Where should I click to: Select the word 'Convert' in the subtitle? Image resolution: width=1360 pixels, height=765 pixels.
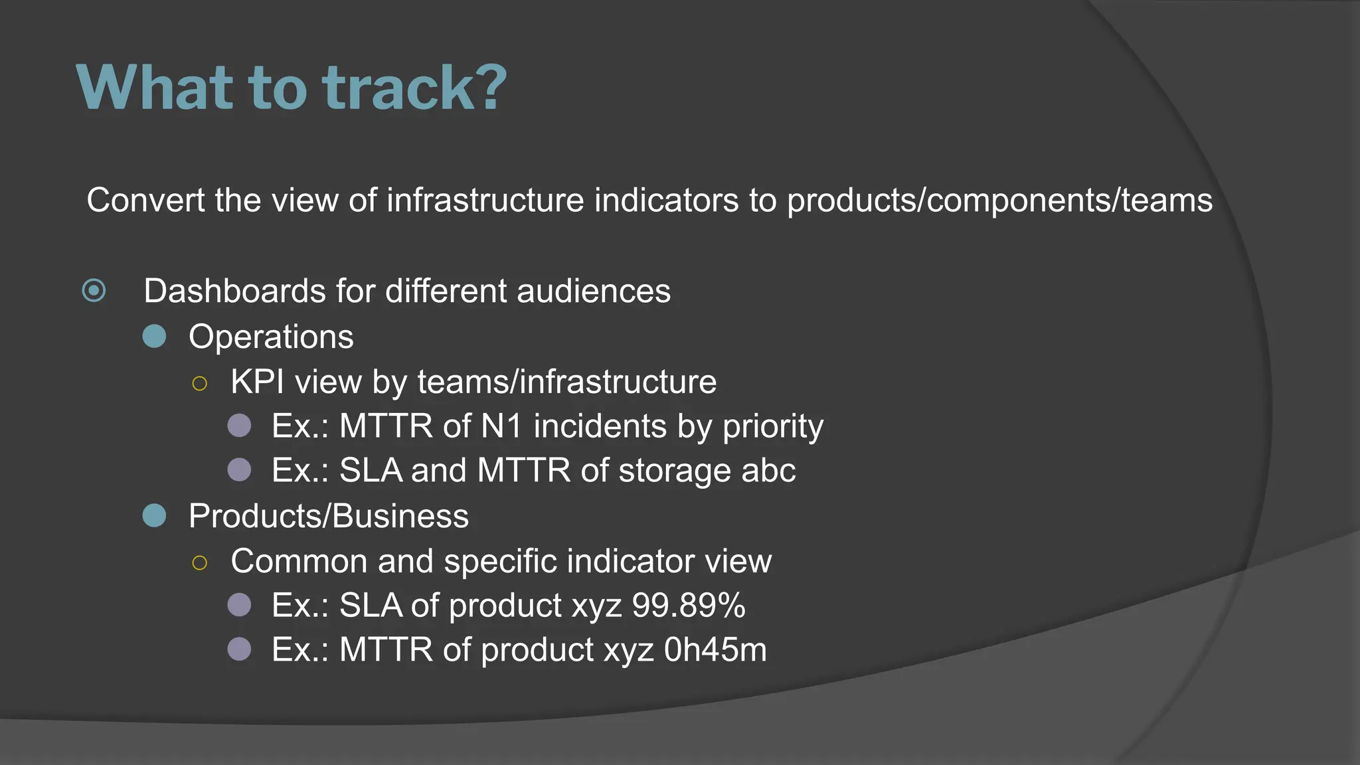(x=145, y=200)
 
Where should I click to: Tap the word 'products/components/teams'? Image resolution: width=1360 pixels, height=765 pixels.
(x=999, y=201)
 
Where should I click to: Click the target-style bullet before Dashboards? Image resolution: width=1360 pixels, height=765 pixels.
(x=94, y=291)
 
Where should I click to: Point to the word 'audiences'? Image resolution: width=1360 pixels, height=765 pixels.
(x=594, y=291)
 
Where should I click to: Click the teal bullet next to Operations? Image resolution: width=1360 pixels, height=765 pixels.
(x=154, y=336)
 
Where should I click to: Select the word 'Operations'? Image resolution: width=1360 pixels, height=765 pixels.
(x=271, y=337)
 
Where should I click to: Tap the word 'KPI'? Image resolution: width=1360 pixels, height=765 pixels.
(x=257, y=382)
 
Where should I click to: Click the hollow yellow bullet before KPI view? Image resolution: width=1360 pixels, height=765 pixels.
(x=199, y=383)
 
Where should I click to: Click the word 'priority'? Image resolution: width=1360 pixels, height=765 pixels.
(x=773, y=427)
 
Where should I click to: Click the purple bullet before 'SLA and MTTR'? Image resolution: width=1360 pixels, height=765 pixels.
(x=239, y=470)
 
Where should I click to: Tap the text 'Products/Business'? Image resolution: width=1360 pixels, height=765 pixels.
(x=328, y=516)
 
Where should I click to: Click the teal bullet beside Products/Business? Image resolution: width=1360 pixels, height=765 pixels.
(x=154, y=515)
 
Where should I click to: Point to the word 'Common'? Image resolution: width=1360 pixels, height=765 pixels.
(x=298, y=561)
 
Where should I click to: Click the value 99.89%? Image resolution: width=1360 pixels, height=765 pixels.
(x=688, y=606)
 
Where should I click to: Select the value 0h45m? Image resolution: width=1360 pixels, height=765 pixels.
(x=715, y=649)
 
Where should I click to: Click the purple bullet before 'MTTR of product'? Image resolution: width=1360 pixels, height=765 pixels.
(x=239, y=649)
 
